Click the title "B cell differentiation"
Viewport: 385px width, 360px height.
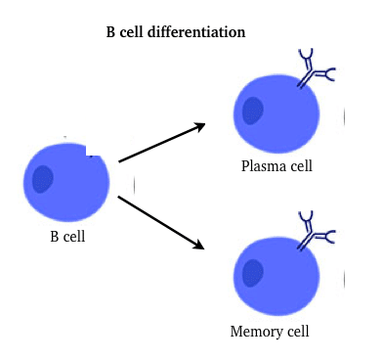pos(175,32)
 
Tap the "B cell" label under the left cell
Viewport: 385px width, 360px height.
pos(67,236)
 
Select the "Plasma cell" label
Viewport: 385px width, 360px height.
pos(277,165)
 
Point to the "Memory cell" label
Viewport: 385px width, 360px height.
pos(270,331)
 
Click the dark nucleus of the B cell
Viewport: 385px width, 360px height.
pos(43,179)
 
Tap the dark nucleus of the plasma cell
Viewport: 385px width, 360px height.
pos(253,111)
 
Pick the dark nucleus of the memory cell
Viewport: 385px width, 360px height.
pos(253,273)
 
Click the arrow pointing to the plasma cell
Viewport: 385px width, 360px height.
pos(161,143)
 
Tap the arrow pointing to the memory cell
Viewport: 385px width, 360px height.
pos(161,221)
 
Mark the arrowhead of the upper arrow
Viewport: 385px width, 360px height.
pos(200,125)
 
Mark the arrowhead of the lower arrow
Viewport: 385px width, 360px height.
pos(199,244)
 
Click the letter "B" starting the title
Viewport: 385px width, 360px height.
pos(110,32)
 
